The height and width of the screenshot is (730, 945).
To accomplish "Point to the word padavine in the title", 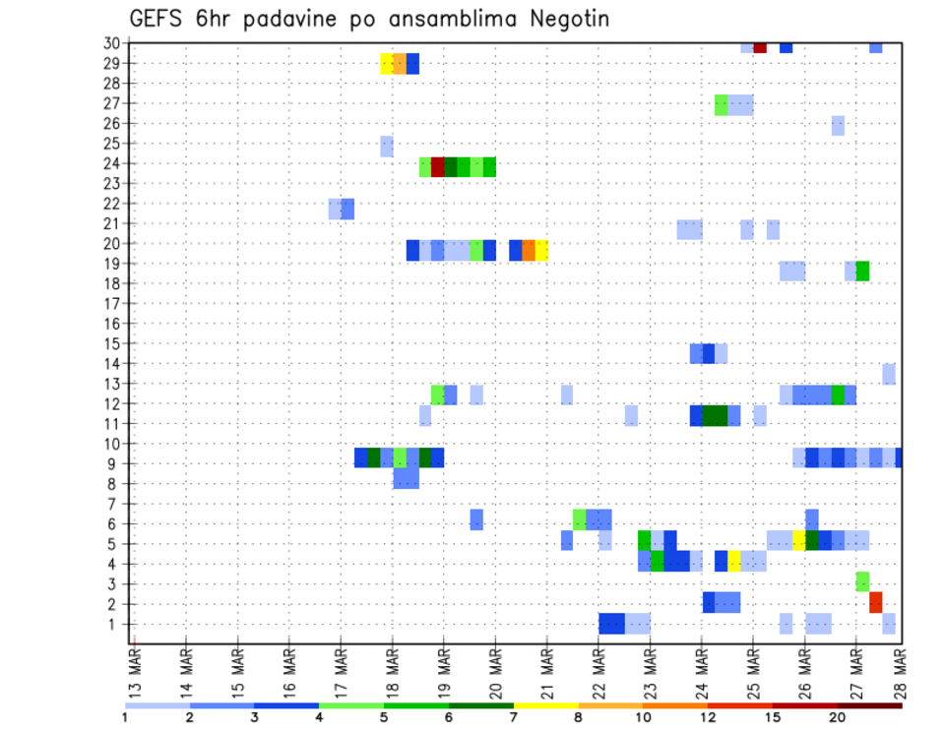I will coord(291,20).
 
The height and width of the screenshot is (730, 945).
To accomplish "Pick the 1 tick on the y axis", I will coord(115,624).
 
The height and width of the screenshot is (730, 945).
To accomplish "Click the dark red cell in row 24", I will coord(438,167).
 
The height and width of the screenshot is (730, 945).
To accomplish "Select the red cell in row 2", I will coord(875,602).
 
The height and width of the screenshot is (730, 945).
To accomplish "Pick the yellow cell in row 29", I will coord(387,64).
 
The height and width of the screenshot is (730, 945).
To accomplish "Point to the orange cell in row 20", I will coord(529,250).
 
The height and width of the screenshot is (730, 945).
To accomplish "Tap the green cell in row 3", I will coord(862,581).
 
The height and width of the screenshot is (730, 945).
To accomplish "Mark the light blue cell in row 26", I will coord(838,125).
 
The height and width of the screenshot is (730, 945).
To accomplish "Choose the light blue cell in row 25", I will coord(387,146).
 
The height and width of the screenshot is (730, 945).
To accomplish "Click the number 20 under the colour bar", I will coord(838,716).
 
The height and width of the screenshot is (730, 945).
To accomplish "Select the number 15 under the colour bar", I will coord(773,716).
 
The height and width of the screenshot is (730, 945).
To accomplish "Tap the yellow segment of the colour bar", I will coord(546,704).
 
